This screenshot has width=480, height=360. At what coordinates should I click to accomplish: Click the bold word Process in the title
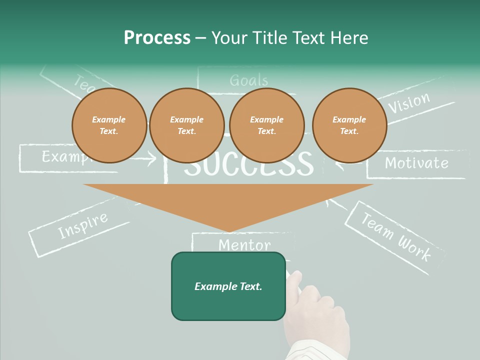157,38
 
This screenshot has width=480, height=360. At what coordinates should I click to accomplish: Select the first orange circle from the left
109,125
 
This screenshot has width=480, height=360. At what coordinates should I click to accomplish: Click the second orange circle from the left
186,125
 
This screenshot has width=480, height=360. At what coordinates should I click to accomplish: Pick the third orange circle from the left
266,125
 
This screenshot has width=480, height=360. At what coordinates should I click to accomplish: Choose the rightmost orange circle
349,125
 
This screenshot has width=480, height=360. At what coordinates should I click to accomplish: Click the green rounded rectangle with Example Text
228,286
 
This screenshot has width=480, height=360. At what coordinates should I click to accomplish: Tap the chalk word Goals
248,80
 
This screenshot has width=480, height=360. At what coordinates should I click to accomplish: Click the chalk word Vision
409,103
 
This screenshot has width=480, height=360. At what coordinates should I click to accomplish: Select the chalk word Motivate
416,163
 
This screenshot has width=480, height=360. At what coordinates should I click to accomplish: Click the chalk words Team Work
395,236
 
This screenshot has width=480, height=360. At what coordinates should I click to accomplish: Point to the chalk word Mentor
244,245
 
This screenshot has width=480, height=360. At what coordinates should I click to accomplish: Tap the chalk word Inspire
82,225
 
